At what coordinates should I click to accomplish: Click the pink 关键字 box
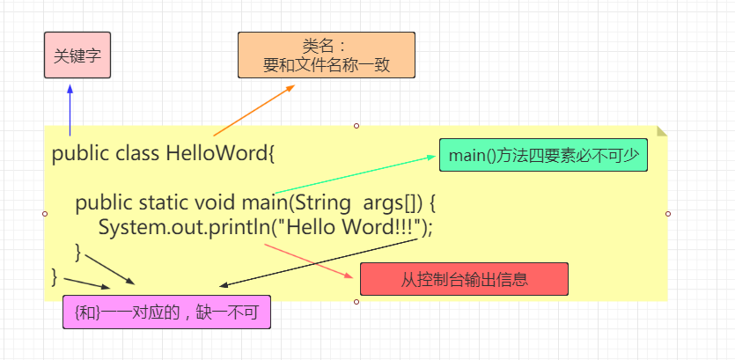[77, 55]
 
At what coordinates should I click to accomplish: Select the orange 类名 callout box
[326, 55]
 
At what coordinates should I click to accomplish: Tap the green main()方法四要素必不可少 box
[544, 156]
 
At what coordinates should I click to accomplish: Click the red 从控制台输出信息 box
[464, 279]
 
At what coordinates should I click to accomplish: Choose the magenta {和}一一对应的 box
[166, 311]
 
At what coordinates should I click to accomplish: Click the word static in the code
[165, 204]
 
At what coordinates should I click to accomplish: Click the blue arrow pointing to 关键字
[70, 106]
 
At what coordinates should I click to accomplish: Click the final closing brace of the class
[55, 276]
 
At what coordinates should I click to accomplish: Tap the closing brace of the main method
[78, 253]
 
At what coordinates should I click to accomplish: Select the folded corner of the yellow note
[662, 131]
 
